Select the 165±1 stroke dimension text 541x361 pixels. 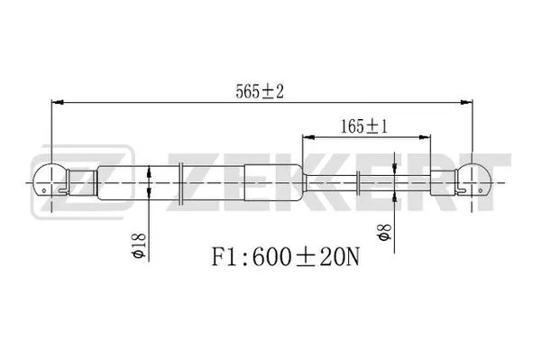[x=365, y=126]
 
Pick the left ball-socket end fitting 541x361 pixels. [x=50, y=181]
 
